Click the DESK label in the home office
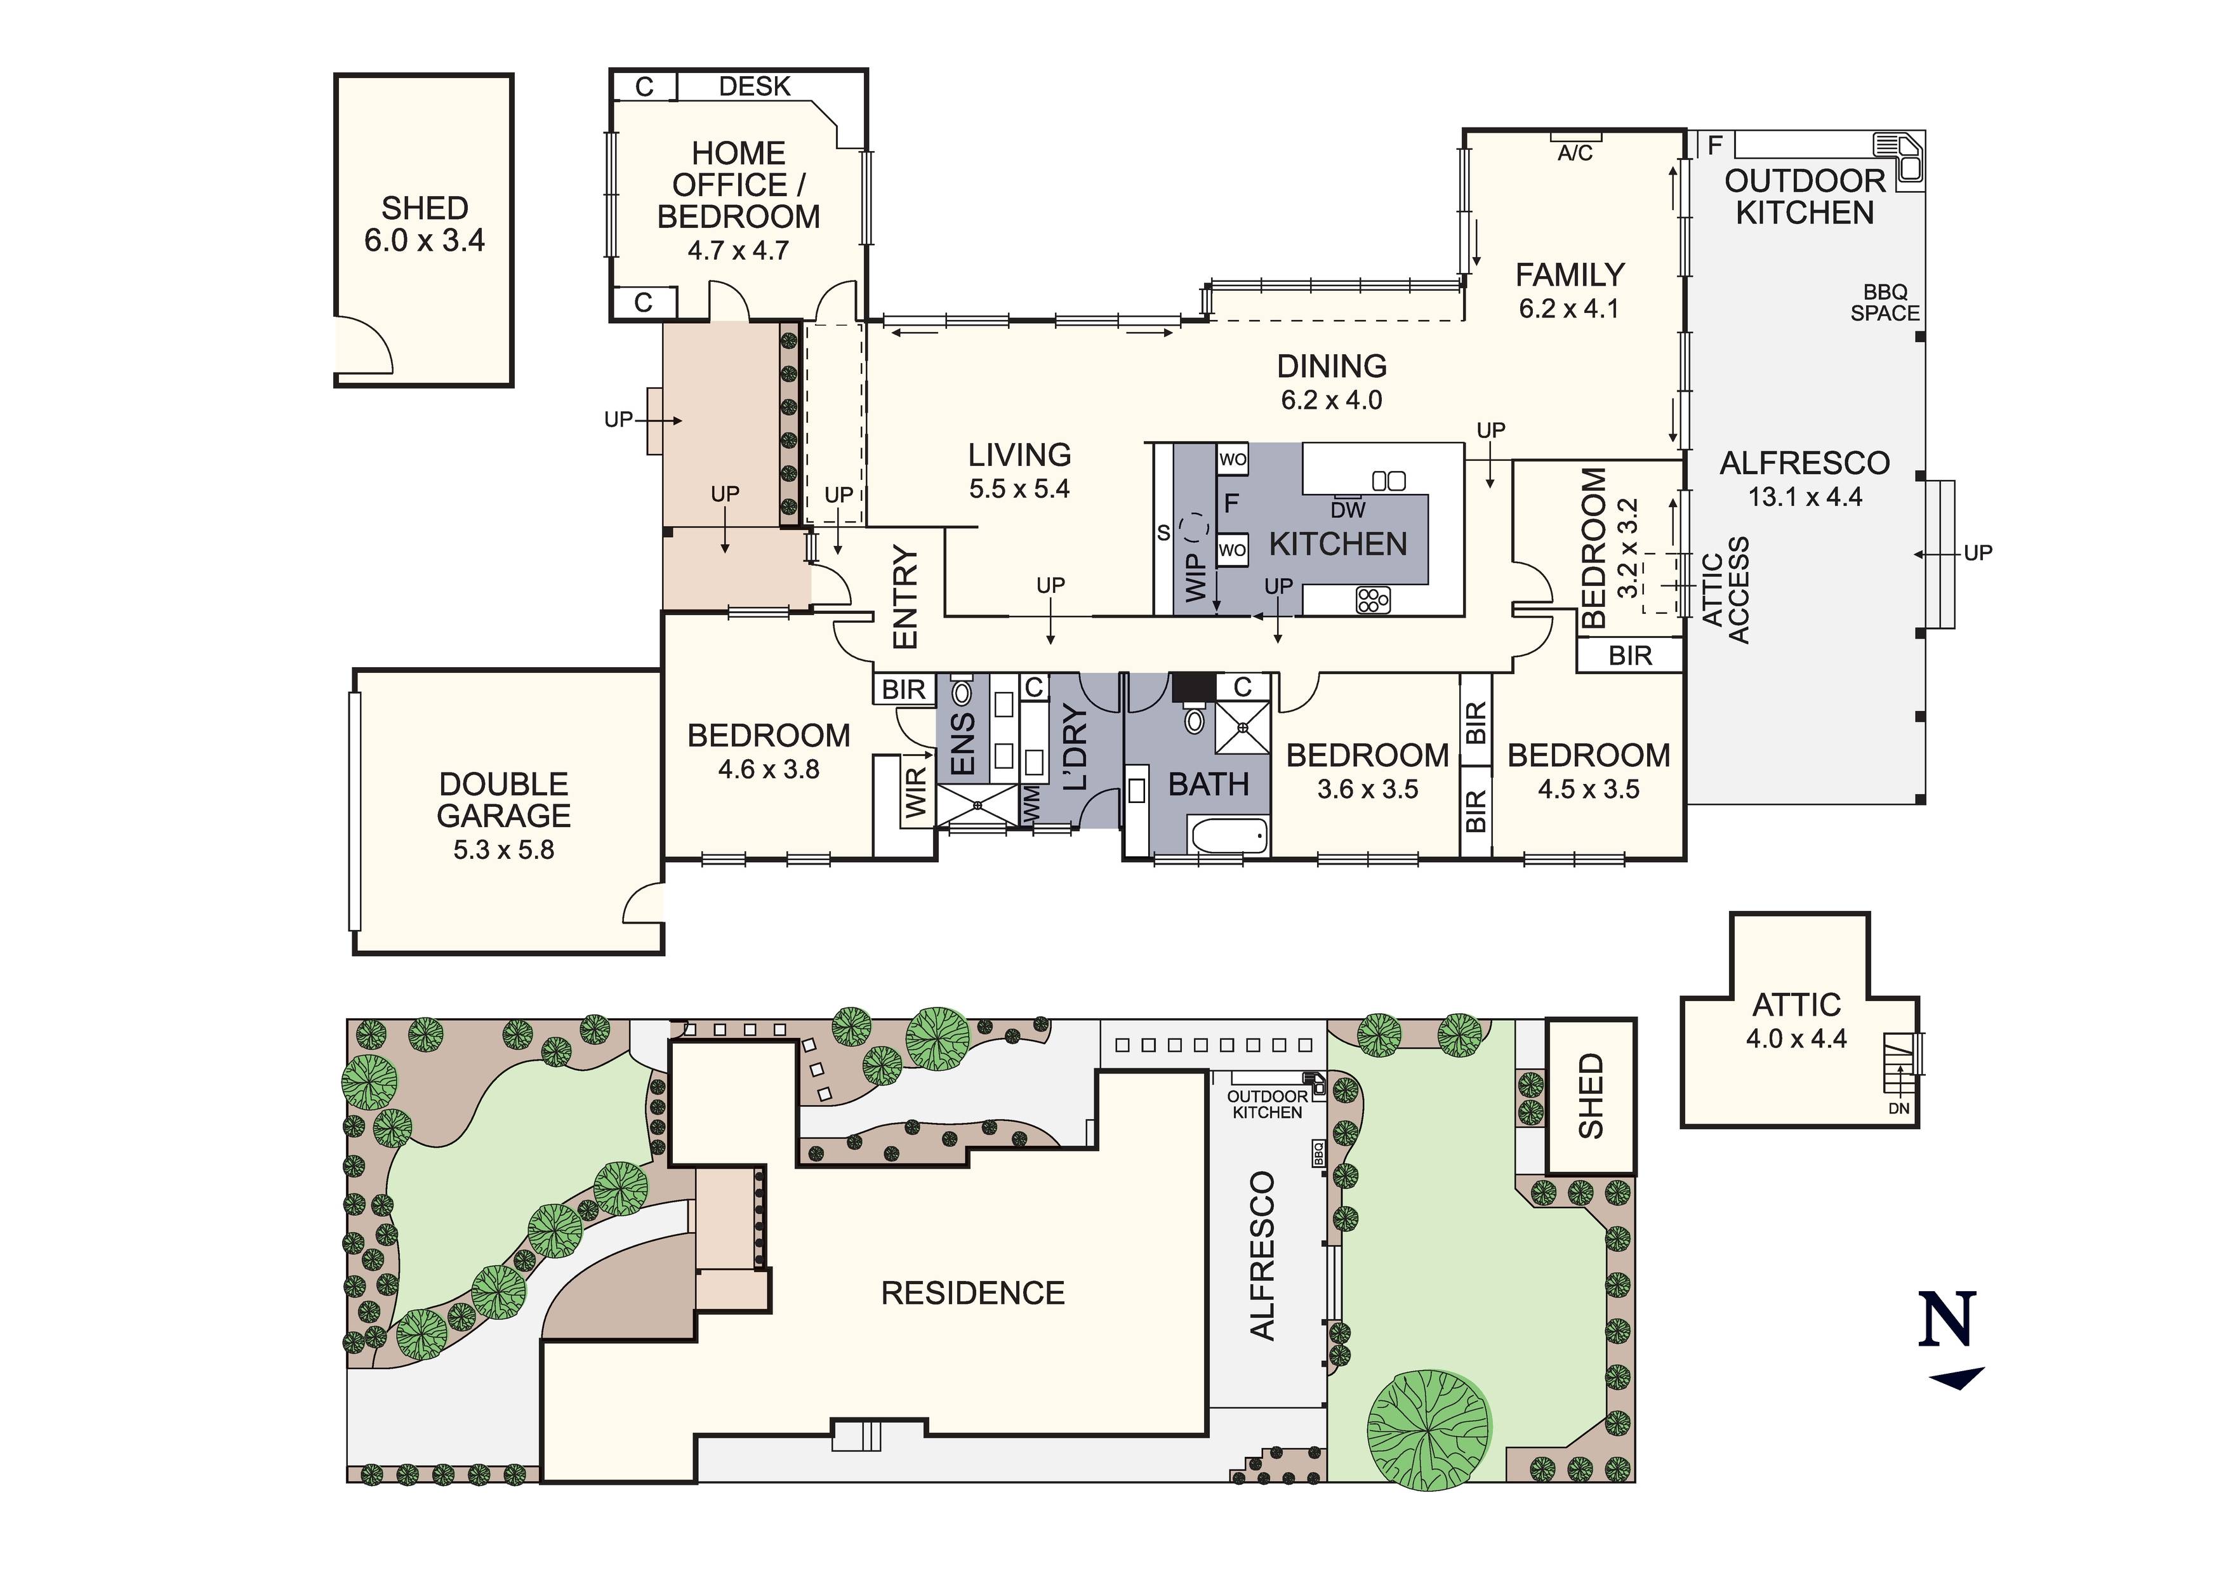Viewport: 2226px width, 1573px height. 754,86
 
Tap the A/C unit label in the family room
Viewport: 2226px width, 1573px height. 1575,153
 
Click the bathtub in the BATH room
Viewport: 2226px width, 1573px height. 1228,836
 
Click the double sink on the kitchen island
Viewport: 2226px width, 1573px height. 1388,480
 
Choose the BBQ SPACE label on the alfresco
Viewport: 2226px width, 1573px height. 1885,303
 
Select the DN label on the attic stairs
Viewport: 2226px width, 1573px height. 1898,1108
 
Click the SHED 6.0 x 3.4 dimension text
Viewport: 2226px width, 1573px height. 425,241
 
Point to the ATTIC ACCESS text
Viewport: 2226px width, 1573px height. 1726,590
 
